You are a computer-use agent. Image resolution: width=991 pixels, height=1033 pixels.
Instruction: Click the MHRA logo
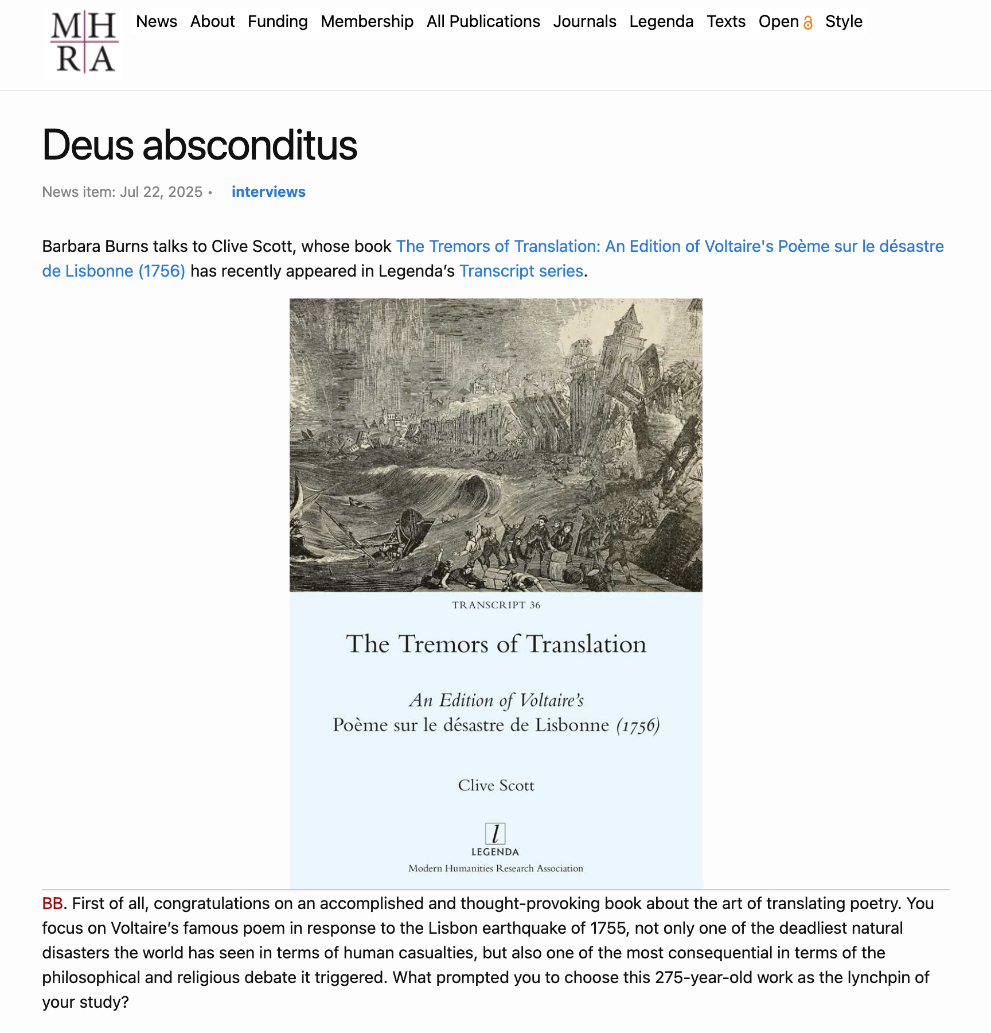[84, 42]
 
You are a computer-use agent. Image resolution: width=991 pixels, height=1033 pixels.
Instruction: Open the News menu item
[156, 22]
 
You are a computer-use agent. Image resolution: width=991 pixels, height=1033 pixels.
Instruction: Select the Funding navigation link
[278, 22]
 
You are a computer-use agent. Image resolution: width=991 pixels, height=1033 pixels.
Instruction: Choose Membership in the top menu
[367, 22]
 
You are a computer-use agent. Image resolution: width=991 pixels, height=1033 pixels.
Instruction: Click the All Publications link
[483, 22]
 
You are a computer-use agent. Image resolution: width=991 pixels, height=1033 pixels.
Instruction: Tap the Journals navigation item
[584, 22]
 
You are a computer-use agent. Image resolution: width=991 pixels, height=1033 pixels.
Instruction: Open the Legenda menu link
[661, 22]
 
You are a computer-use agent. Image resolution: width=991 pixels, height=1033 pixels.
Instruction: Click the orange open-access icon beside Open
[808, 23]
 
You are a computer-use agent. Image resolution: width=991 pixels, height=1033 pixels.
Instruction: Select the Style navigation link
[844, 22]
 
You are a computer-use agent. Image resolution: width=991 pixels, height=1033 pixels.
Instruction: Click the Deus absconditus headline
[200, 145]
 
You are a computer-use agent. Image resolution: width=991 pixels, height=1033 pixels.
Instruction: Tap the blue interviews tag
[268, 192]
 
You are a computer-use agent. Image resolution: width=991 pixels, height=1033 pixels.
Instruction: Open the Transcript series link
[521, 271]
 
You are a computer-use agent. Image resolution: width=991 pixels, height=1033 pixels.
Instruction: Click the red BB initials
[52, 903]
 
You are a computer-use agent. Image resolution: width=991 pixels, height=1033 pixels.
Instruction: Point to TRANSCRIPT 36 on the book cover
[496, 605]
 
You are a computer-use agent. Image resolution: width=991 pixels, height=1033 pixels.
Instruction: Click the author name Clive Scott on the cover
[496, 785]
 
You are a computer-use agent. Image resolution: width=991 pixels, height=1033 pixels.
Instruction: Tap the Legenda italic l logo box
[495, 833]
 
